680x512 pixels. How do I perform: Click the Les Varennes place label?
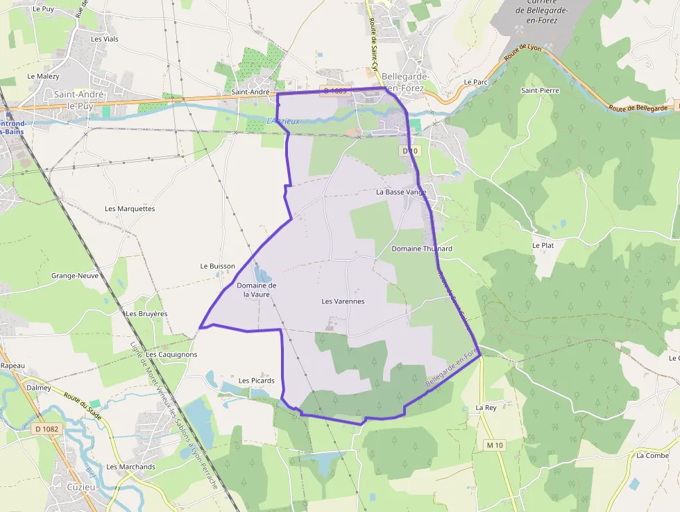343,302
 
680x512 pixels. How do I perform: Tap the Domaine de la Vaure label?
256,290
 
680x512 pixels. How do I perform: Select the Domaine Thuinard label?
422,249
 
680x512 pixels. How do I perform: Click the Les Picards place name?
257,381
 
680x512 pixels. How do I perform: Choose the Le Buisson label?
218,266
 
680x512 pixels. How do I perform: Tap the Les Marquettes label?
130,208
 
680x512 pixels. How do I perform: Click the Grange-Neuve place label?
75,276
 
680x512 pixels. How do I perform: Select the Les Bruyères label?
146,314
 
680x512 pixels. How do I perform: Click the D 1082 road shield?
46,429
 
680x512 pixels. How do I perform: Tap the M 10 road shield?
494,445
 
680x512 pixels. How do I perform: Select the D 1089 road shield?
334,91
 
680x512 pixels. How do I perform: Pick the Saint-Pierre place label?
540,90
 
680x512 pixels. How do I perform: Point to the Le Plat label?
543,245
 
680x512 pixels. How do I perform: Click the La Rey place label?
486,408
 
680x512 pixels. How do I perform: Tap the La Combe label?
652,456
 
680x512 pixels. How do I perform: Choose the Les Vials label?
105,39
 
